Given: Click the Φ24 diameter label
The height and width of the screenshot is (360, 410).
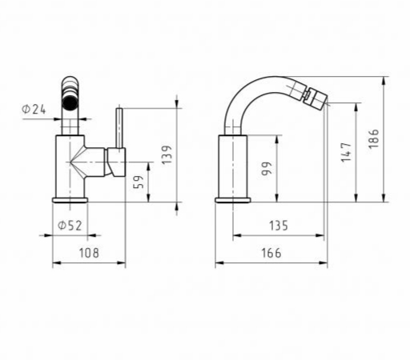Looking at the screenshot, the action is point(34,110).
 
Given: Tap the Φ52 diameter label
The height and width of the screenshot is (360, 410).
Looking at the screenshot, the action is point(70,226).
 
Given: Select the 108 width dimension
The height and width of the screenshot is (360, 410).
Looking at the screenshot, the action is point(89,253).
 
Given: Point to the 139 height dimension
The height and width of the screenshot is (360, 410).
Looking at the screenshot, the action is point(167,154).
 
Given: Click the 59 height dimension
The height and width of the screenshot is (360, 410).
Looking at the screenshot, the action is point(139,182).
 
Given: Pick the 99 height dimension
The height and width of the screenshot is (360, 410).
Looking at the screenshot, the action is point(267,169).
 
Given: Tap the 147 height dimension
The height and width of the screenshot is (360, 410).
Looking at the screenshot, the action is point(347,152).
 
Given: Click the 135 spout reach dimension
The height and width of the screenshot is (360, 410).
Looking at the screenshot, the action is point(279,226).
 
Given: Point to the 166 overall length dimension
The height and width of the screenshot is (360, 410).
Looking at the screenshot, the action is point(271,253).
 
